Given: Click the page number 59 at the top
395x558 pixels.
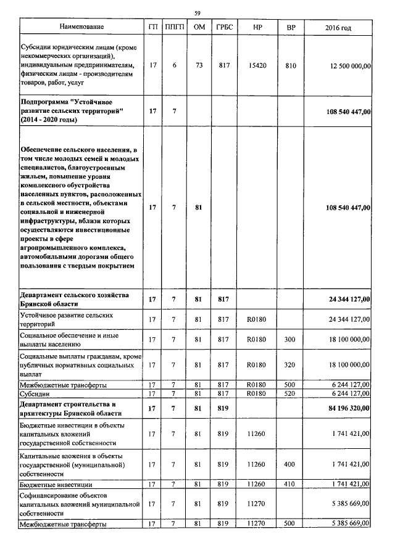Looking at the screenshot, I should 197,13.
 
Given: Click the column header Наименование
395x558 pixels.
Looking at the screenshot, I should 81,27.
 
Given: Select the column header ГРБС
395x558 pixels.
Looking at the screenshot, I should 223,27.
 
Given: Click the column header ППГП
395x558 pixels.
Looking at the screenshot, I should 174,27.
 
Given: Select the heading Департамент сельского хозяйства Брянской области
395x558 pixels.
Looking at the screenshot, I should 74,300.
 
